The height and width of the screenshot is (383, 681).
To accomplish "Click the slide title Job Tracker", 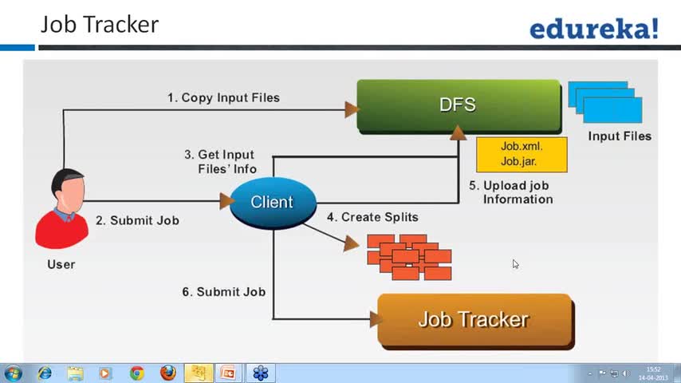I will point(100,25).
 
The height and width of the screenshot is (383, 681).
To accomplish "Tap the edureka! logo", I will point(594,30).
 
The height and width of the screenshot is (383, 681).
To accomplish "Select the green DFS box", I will point(458,105).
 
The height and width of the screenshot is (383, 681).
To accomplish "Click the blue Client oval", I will point(272,203).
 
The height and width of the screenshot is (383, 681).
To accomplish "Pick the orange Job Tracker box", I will point(474,320).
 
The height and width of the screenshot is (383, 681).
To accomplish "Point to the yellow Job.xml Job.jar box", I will point(521,154).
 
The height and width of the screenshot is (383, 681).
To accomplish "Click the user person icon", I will point(61,209).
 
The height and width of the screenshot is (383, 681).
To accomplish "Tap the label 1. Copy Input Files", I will point(223,98).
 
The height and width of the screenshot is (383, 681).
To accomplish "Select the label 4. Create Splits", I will point(372,217).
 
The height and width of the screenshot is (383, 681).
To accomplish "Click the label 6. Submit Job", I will point(223,292).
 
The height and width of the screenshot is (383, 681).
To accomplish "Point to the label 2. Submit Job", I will point(137,220).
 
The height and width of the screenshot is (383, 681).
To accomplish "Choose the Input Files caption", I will point(620,136).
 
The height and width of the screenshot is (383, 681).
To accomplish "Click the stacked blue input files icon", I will point(604,101).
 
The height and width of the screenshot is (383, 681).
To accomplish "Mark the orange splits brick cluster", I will point(409,256).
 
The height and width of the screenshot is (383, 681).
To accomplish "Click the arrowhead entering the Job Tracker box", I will point(375,319).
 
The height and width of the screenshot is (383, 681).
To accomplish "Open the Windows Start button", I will point(13,373).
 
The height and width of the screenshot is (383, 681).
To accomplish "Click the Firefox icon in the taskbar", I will point(167,373).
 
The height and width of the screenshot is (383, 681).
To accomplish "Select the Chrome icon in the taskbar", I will point(137,373).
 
